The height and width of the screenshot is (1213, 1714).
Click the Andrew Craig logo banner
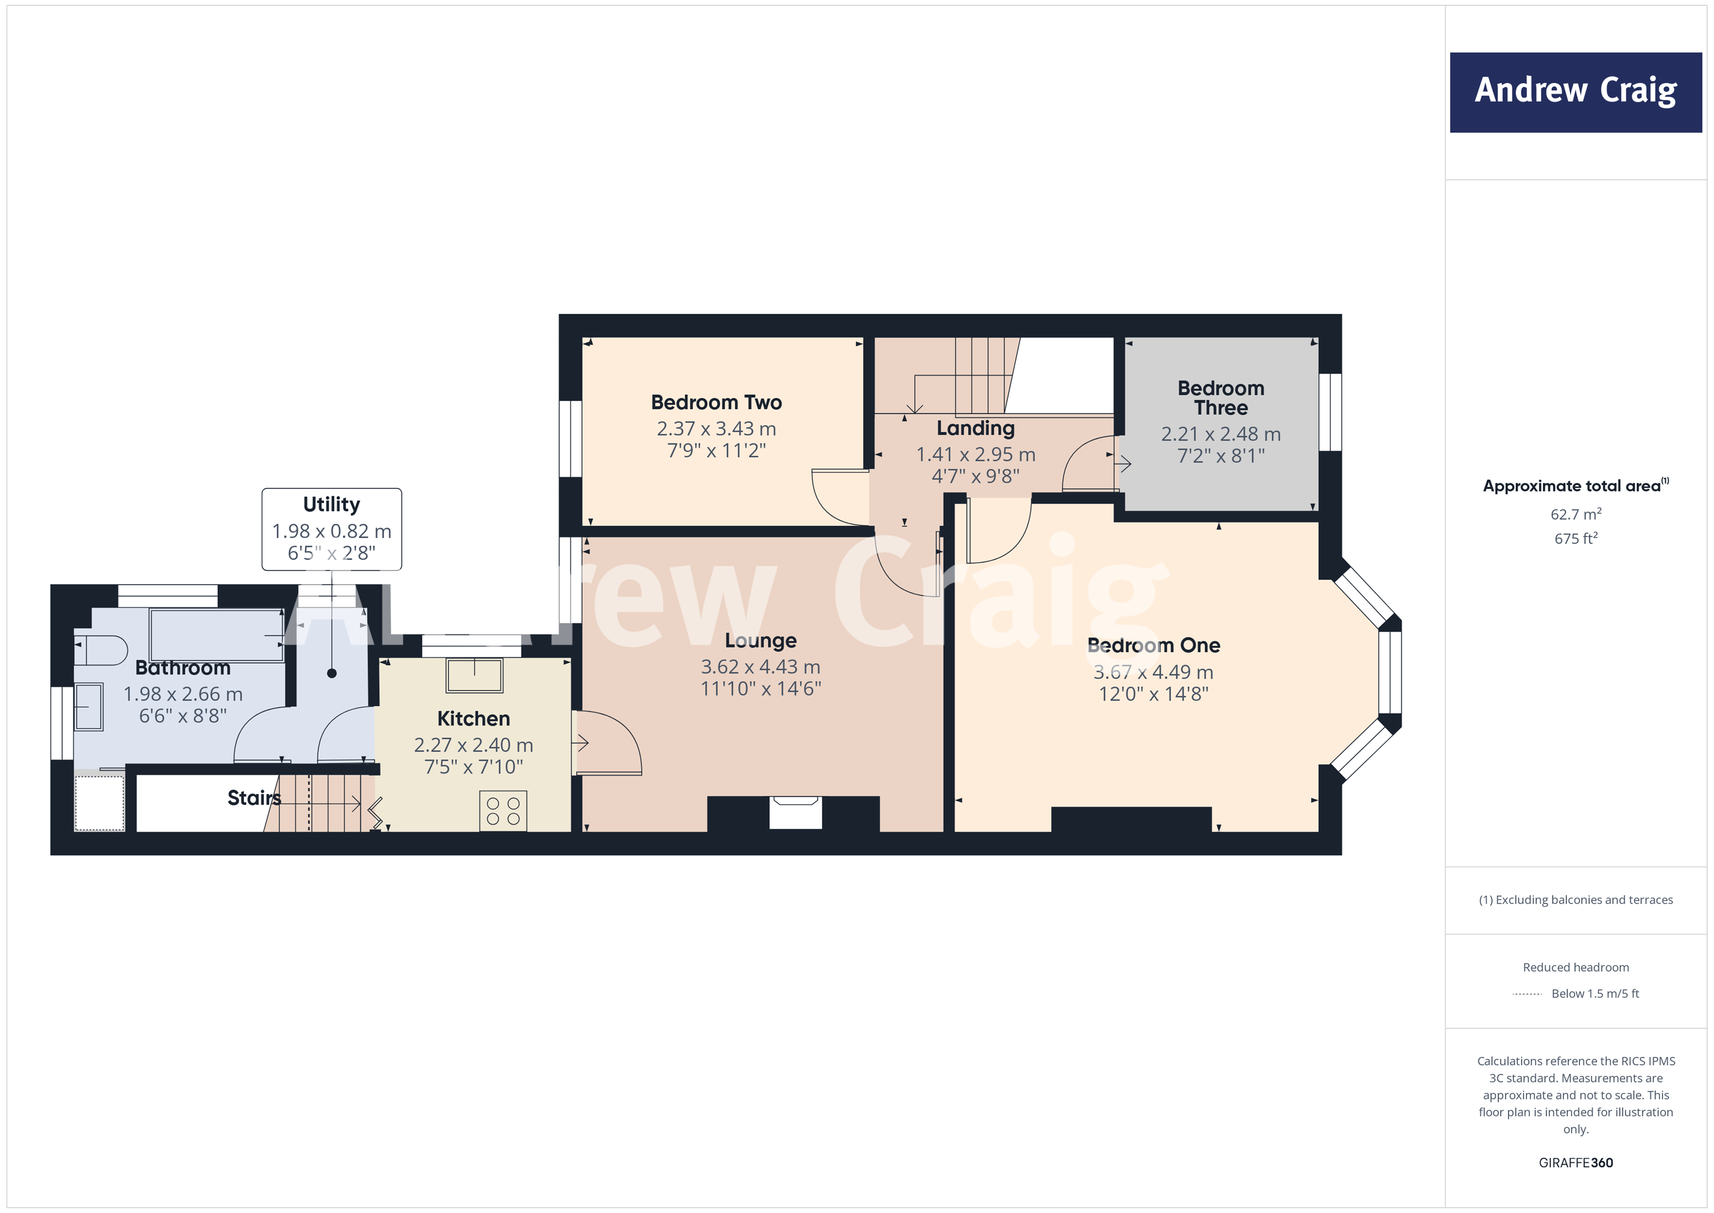pos(1575,92)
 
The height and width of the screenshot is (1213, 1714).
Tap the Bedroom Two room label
pos(716,403)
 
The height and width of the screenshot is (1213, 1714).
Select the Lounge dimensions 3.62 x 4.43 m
pos(760,666)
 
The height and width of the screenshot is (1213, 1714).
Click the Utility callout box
pos(331,529)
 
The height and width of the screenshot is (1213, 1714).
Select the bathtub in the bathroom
pos(217,635)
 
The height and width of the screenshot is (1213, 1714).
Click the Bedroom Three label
pos(1221,398)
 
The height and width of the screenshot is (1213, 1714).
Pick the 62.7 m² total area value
pos(1575,514)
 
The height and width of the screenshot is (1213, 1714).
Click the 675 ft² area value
pos(1575,538)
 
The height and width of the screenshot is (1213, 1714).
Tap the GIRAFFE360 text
pos(1575,1163)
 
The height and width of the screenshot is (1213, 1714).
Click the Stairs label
pos(254,798)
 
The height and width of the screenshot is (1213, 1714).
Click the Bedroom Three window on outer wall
pos(1330,412)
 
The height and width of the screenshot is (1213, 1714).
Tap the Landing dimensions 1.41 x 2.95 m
pos(975,454)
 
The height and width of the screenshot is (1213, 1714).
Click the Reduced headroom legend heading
pos(1575,967)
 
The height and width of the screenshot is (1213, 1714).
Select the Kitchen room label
pos(473,719)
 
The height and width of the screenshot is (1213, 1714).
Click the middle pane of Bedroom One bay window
pos(1389,672)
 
